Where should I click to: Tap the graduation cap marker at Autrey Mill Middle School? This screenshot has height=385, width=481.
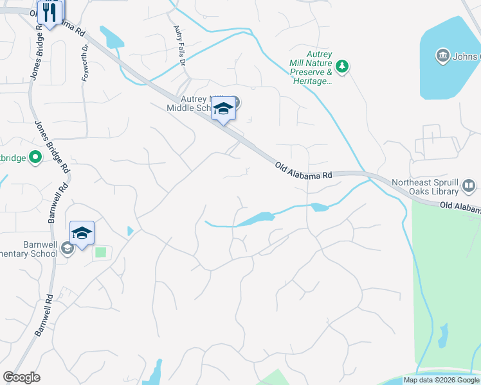click(x=223, y=109)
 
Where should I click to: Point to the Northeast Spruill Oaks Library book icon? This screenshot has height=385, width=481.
click(x=469, y=187)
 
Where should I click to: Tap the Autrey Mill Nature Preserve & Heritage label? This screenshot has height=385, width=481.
click(x=311, y=73)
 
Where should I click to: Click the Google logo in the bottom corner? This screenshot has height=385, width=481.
click(x=21, y=377)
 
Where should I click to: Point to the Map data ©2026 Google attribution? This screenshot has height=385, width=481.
click(x=441, y=380)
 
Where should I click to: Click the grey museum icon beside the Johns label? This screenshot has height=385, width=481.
click(x=442, y=56)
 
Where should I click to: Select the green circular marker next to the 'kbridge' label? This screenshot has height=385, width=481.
click(x=35, y=157)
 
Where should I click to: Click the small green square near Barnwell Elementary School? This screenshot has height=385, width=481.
click(x=100, y=253)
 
